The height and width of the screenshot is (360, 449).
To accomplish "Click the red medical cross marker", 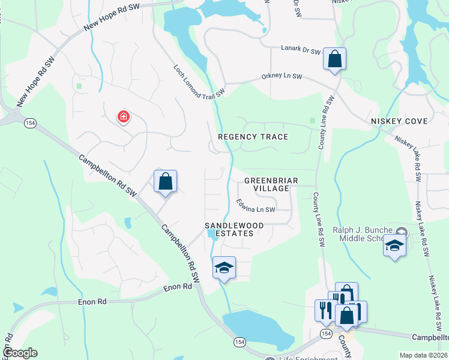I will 124,116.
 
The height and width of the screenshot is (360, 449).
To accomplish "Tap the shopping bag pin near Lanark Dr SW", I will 334,59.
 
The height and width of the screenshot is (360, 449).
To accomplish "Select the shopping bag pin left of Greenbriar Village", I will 165,182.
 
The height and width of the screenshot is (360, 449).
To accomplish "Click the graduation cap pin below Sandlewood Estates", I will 224,268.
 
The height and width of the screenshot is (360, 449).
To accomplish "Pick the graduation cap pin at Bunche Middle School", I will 394,246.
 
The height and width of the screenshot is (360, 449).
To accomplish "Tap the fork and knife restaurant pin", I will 324,310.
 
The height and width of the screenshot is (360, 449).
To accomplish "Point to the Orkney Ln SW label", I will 282,77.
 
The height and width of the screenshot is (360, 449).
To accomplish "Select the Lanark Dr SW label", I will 301,51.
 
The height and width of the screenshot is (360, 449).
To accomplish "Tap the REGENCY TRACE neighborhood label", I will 253,137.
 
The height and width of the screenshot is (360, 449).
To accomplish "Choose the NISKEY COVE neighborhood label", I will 399,121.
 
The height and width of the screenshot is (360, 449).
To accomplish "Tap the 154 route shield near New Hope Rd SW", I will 29,123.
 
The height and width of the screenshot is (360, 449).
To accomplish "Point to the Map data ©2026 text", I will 423,355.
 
